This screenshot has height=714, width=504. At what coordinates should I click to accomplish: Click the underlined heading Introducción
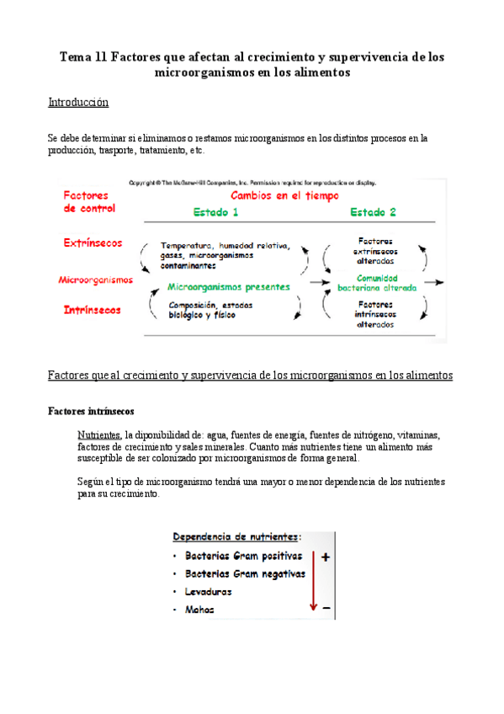[79, 103]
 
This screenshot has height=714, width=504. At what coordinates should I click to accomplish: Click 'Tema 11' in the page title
[82, 57]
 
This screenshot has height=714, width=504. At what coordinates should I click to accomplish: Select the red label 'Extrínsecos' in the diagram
[93, 242]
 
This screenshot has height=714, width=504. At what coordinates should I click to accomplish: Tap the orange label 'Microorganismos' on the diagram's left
[95, 279]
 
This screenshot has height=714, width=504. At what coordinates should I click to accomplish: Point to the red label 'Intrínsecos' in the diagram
[93, 310]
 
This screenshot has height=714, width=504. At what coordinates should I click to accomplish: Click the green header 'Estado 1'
[215, 211]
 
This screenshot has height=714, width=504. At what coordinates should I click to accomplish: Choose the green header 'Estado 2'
[374, 211]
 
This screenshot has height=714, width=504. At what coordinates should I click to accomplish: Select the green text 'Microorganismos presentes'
[229, 286]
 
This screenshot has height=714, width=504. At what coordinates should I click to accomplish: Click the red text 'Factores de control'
[90, 201]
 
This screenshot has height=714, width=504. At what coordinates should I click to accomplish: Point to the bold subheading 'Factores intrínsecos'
[90, 412]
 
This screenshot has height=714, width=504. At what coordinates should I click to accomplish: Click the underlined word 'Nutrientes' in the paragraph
[98, 434]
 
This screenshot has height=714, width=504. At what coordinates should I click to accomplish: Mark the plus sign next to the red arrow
[325, 557]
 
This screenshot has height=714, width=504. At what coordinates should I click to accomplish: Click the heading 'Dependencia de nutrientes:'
[238, 536]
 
